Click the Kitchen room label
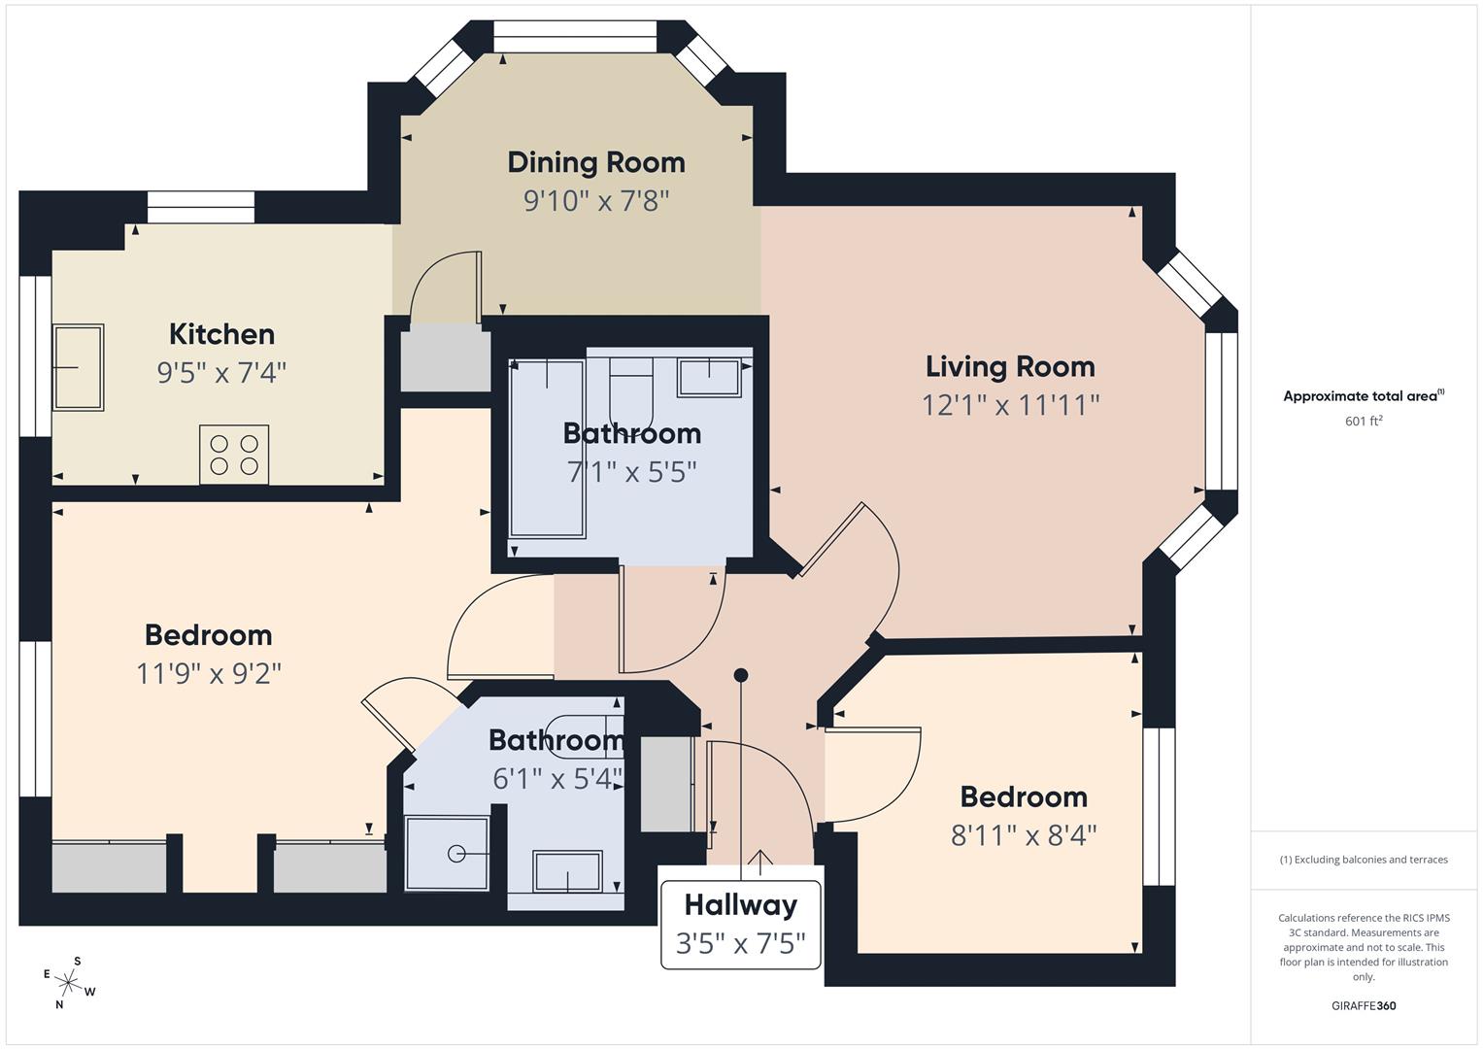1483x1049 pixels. (x=221, y=334)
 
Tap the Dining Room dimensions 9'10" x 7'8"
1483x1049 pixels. (x=596, y=201)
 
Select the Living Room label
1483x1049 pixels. (x=1010, y=366)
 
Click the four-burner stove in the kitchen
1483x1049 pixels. (x=234, y=454)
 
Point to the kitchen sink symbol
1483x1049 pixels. (x=79, y=367)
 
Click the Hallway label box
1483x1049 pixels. (x=740, y=924)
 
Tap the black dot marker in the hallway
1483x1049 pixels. (x=741, y=674)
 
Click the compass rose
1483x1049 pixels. (x=70, y=982)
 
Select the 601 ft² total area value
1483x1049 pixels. (x=1364, y=421)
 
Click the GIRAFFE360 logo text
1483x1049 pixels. (x=1364, y=1005)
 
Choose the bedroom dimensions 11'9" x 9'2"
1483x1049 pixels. (x=209, y=673)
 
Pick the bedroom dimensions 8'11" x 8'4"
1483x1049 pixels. (x=1024, y=834)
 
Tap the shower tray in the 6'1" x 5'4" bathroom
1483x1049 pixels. (x=447, y=853)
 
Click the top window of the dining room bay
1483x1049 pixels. (x=575, y=37)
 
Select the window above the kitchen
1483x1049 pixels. (x=201, y=207)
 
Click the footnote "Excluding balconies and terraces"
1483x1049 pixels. (x=1364, y=860)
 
